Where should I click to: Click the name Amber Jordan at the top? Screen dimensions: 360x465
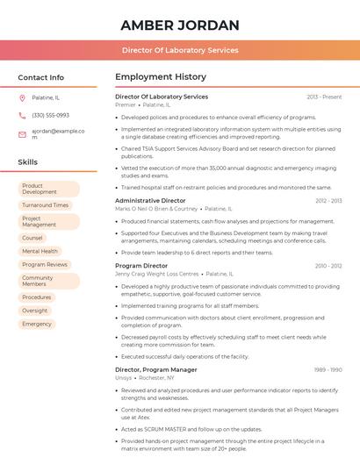[x=180, y=24]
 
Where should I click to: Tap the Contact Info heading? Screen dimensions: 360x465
[x=40, y=77]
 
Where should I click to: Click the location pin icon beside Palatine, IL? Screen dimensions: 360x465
[x=22, y=97]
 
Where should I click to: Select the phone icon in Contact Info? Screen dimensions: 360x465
[x=22, y=115]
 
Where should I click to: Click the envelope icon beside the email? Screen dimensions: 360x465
[x=22, y=134]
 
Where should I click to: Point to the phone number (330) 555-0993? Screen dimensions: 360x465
[x=50, y=115]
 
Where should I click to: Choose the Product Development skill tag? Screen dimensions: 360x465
[x=48, y=189]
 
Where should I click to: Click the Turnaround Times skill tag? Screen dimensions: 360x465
[x=45, y=205]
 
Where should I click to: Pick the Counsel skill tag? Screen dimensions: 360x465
[x=32, y=238]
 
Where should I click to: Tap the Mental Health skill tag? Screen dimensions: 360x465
[x=40, y=251]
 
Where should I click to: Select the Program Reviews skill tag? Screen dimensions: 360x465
[x=45, y=264]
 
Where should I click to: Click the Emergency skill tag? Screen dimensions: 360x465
[x=37, y=324]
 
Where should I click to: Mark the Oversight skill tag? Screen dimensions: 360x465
[x=35, y=311]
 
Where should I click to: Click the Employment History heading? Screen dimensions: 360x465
[x=161, y=77]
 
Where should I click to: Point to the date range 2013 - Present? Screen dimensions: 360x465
[x=324, y=97]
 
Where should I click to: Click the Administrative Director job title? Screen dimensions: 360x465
[x=150, y=201]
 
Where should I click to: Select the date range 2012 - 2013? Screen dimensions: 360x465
[x=328, y=201]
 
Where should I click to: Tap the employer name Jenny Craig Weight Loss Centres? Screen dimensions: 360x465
[x=157, y=274]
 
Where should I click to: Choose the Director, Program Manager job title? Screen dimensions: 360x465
[x=156, y=369]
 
